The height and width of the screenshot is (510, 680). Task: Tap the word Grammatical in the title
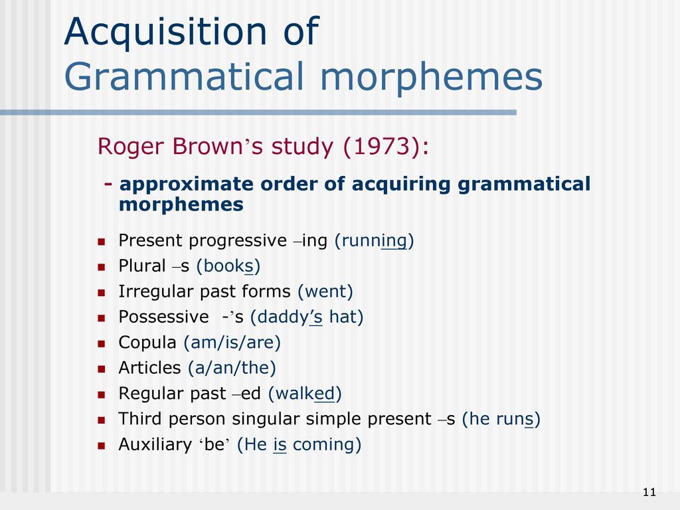[184, 77]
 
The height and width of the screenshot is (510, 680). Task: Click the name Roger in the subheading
[132, 147]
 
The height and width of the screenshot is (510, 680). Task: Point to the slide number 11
[649, 492]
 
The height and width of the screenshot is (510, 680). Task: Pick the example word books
[228, 266]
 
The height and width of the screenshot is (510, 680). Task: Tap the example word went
[325, 292]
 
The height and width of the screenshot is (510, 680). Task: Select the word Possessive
[163, 317]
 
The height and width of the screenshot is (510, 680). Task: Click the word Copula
[147, 343]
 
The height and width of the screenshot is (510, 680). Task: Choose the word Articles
[149, 368]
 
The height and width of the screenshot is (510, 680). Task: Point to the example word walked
[305, 393]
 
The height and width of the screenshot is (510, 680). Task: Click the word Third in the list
[140, 419]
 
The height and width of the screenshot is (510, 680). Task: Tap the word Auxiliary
[155, 444]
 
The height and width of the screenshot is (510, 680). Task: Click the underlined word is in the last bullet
[280, 444]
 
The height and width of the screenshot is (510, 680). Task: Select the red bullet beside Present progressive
[102, 242]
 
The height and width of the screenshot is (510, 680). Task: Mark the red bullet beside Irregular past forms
[102, 293]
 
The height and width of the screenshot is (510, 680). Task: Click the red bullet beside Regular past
[102, 394]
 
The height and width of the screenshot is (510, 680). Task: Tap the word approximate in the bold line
[186, 185]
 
